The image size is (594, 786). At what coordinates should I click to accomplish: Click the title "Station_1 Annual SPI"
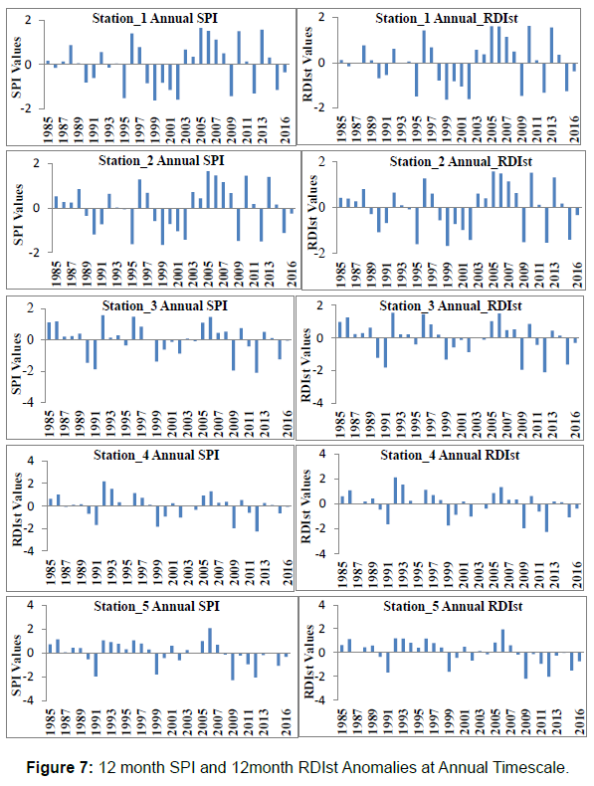pyautogui.click(x=155, y=19)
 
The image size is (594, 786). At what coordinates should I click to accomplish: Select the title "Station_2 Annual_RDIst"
pyautogui.click(x=461, y=161)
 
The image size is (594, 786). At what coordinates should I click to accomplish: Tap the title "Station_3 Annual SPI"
pyautogui.click(x=165, y=305)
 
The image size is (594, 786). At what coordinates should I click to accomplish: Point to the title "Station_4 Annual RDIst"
pyautogui.click(x=450, y=455)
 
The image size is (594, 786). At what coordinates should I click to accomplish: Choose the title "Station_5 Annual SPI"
pyautogui.click(x=157, y=607)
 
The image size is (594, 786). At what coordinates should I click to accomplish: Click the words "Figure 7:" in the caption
pyautogui.click(x=60, y=767)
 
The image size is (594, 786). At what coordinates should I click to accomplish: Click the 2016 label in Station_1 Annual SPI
pyautogui.click(x=286, y=129)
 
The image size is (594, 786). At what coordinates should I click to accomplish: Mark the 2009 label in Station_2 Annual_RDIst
pyautogui.click(x=523, y=275)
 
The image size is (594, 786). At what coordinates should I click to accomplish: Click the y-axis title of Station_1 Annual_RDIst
pyautogui.click(x=307, y=64)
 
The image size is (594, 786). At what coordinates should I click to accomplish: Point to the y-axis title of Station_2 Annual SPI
pyautogui.click(x=19, y=214)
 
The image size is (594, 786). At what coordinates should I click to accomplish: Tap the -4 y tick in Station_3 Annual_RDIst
pyautogui.click(x=319, y=403)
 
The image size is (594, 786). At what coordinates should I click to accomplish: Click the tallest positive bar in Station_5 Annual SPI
pyautogui.click(x=210, y=641)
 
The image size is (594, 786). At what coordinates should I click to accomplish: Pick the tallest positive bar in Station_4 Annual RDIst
pyautogui.click(x=395, y=491)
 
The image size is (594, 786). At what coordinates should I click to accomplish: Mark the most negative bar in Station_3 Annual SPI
pyautogui.click(x=256, y=356)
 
